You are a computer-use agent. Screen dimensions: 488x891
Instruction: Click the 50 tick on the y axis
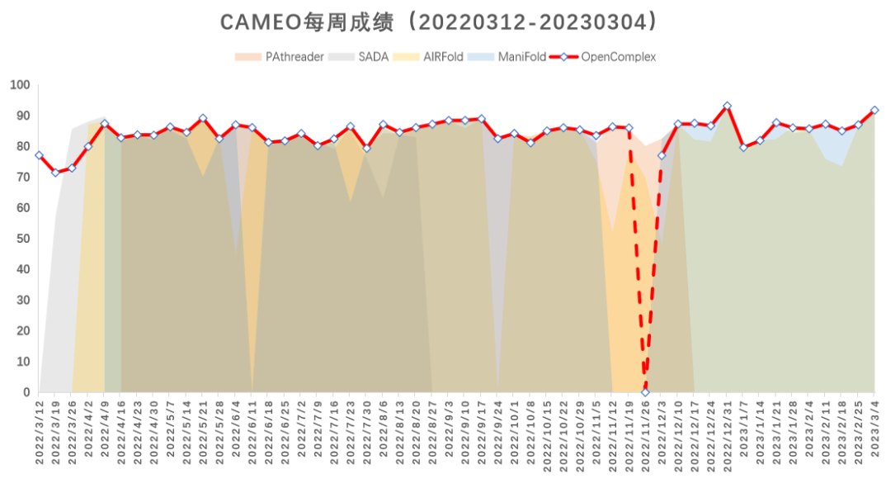pyautogui.click(x=22, y=239)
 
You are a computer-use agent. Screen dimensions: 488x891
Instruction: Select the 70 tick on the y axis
pyautogui.click(x=22, y=178)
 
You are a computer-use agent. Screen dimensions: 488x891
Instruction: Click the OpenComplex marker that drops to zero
pyautogui.click(x=645, y=392)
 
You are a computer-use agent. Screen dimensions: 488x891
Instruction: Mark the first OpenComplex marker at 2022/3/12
pyautogui.click(x=39, y=155)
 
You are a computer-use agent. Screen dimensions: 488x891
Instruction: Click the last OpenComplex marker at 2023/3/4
pyautogui.click(x=874, y=110)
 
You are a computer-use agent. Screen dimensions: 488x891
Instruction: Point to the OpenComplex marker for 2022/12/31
pyautogui.click(x=727, y=106)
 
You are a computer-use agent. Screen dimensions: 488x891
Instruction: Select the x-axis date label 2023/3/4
pyautogui.click(x=874, y=429)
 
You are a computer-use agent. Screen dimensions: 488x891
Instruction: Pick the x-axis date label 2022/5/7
pyautogui.click(x=170, y=429)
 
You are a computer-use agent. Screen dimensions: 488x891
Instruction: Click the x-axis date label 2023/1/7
pyautogui.click(x=743, y=429)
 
